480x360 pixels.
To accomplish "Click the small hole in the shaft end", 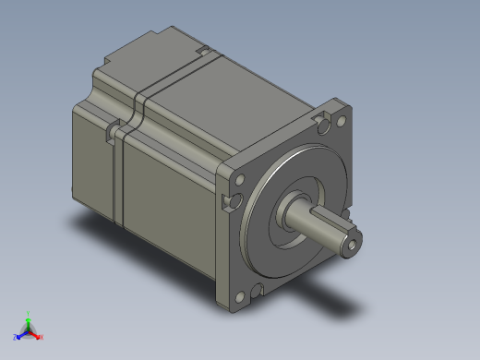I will [x=352, y=247].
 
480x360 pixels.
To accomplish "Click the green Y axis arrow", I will [x=29, y=318].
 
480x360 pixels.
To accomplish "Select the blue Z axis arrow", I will [x=20, y=333].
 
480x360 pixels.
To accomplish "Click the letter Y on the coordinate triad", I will [x=29, y=312].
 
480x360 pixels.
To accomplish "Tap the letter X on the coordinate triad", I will [x=42, y=337].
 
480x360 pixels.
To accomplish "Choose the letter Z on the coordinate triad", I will [x=14, y=337].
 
